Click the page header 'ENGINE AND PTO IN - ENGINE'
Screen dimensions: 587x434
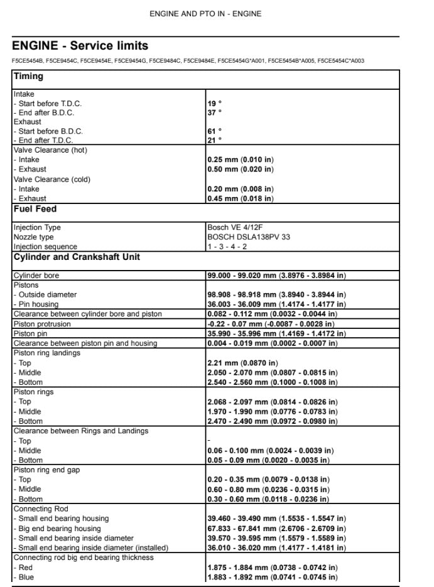pyautogui.click(x=205, y=14)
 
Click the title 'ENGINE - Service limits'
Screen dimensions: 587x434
pyautogui.click(x=80, y=46)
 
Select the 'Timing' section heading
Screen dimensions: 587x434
pyautogui.click(x=29, y=77)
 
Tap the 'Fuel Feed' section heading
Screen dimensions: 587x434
pyautogui.click(x=35, y=209)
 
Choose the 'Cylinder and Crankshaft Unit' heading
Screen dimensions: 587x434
pyautogui.click(x=77, y=257)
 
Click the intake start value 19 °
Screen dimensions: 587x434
pyautogui.click(x=214, y=103)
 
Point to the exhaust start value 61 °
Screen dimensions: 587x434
pyautogui.click(x=214, y=131)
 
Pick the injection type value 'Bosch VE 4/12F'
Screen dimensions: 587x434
pyautogui.click(x=235, y=227)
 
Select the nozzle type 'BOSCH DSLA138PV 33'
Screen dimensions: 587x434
pyautogui.click(x=249, y=237)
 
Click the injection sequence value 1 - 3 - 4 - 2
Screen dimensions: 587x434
pyautogui.click(x=227, y=247)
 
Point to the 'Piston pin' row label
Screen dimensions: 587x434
pyautogui.click(x=30, y=334)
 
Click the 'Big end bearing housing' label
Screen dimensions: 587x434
pyautogui.click(x=59, y=529)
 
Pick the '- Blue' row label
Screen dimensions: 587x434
pyautogui.click(x=24, y=577)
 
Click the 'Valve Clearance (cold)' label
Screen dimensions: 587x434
pyautogui.click(x=52, y=179)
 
